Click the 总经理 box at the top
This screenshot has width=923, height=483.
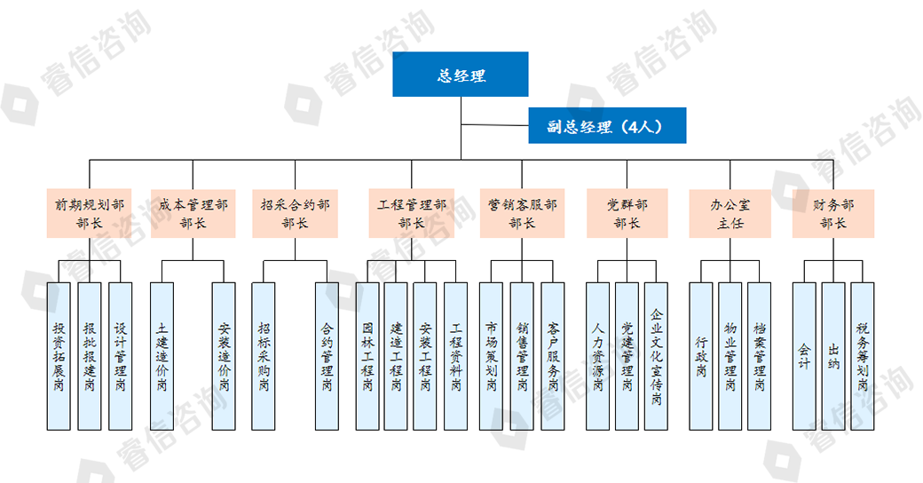pyautogui.click(x=461, y=75)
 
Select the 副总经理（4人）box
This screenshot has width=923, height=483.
pyautogui.click(x=607, y=125)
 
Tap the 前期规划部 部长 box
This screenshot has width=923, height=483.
pyautogui.click(x=90, y=213)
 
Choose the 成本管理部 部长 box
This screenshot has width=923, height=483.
pyautogui.click(x=193, y=213)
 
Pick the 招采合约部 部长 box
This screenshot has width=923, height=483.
pyautogui.click(x=295, y=213)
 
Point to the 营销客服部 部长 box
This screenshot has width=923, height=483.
pyautogui.click(x=522, y=213)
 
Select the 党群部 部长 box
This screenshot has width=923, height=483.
pyautogui.click(x=627, y=213)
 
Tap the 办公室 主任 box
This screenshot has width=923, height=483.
pyautogui.click(x=730, y=213)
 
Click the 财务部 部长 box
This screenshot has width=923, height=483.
pyautogui.click(x=833, y=213)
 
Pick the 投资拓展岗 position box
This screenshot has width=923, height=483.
pyautogui.click(x=59, y=356)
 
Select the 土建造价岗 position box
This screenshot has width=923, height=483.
pyautogui.click(x=162, y=356)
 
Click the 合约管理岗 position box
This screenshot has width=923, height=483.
pyautogui.click(x=327, y=356)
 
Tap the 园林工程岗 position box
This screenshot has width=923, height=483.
pyautogui.click(x=367, y=356)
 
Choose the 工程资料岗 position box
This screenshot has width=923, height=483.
pyautogui.click(x=455, y=356)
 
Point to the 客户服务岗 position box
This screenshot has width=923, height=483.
pyautogui.click(x=553, y=356)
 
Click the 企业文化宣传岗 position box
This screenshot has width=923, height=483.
pyautogui.click(x=656, y=356)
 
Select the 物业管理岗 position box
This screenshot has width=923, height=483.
pyautogui.click(x=730, y=356)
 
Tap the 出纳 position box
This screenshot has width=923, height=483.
pyautogui.click(x=832, y=356)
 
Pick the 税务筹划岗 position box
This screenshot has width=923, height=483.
pyautogui.click(x=863, y=356)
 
